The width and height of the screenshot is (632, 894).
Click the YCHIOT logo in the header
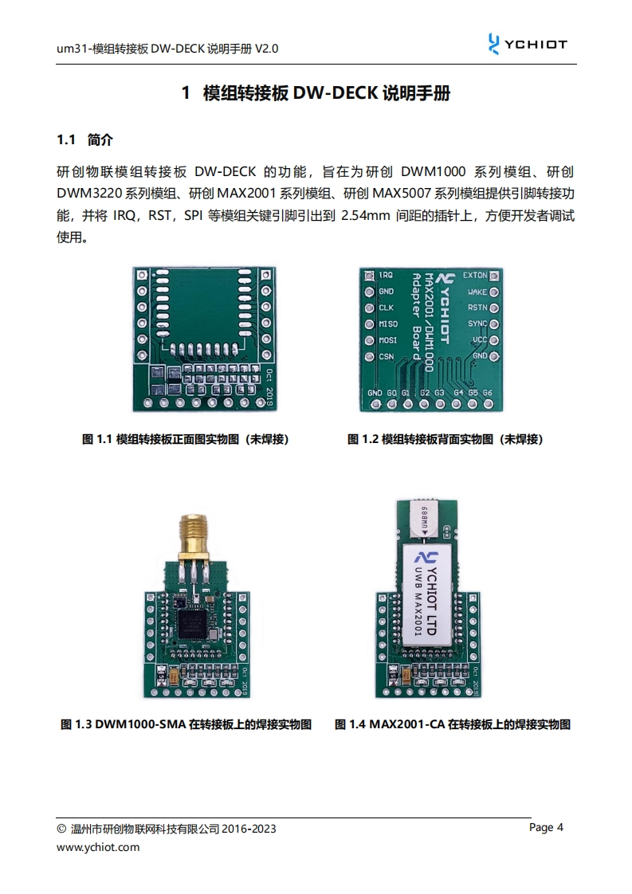click(x=528, y=44)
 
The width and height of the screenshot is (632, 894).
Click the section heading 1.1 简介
click(x=85, y=139)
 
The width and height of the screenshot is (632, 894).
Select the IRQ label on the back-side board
click(x=387, y=275)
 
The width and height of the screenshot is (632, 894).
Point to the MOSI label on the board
click(x=388, y=339)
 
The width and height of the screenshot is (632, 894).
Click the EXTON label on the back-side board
click(x=475, y=275)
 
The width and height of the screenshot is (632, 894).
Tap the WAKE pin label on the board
click(x=477, y=292)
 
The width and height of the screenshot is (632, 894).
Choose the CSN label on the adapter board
click(x=387, y=356)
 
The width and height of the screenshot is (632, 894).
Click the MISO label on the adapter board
click(x=388, y=323)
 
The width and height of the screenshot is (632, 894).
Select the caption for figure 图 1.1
click(x=186, y=439)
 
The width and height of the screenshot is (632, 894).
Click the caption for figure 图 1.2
click(x=445, y=439)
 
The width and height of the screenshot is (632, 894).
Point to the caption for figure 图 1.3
click(x=186, y=724)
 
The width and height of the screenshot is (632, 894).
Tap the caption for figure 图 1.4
click(x=453, y=724)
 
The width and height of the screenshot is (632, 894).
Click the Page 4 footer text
click(x=546, y=827)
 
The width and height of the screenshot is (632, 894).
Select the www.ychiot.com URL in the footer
click(x=98, y=847)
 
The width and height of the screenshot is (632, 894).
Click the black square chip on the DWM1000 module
click(x=194, y=626)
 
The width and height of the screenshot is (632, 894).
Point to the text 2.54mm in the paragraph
click(x=365, y=215)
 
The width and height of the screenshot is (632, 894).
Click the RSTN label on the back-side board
click(x=477, y=308)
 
